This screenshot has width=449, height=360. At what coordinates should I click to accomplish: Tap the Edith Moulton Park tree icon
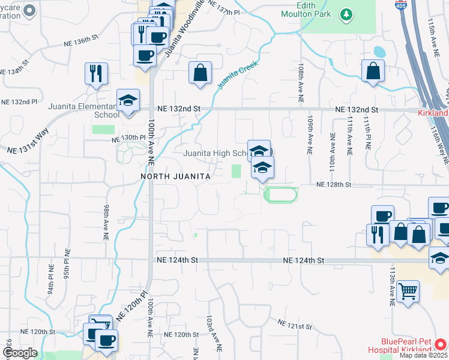point(346,14)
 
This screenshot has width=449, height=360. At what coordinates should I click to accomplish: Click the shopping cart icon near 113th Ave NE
point(408,292)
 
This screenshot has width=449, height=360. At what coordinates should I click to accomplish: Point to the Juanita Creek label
point(237,75)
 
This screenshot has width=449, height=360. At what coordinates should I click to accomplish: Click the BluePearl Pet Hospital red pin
point(441,344)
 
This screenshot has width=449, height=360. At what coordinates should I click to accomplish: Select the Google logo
point(20,353)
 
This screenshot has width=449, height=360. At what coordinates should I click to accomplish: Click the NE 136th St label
point(81,40)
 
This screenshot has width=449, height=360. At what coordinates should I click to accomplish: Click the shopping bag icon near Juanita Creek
point(200,73)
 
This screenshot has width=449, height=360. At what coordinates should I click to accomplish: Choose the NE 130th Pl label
point(128,137)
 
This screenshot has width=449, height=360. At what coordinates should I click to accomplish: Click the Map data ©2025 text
point(423,355)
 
